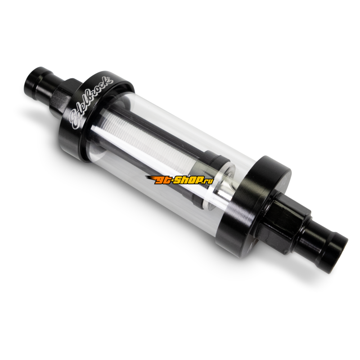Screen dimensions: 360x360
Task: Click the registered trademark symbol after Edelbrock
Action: coord(112,81)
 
